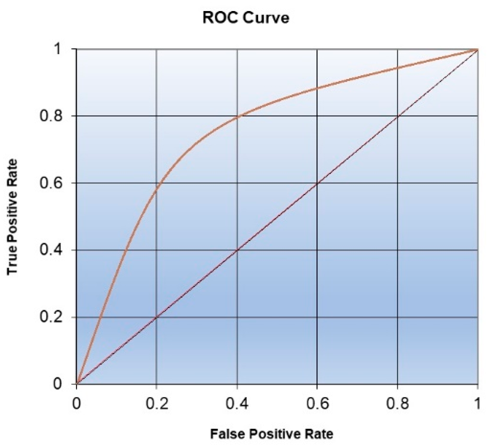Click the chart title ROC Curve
(246, 18)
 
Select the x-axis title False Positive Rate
(272, 434)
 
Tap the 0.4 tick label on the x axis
(237, 404)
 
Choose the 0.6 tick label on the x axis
(317, 404)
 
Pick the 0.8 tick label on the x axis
(397, 404)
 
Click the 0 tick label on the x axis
(76, 404)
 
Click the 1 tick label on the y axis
(58, 49)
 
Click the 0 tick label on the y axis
(58, 384)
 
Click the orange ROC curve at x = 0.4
(237, 117)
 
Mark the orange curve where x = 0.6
(317, 88)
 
